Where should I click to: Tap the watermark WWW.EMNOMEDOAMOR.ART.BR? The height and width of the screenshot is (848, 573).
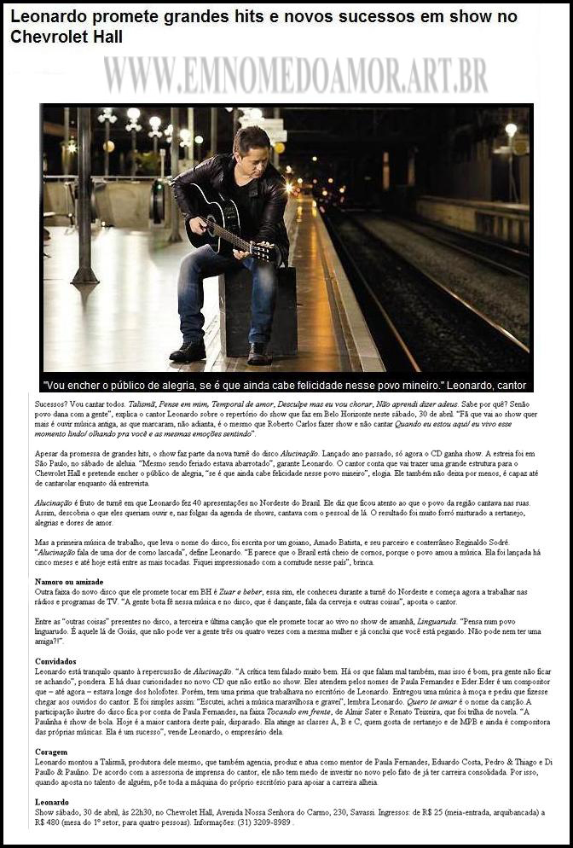(x=295, y=74)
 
